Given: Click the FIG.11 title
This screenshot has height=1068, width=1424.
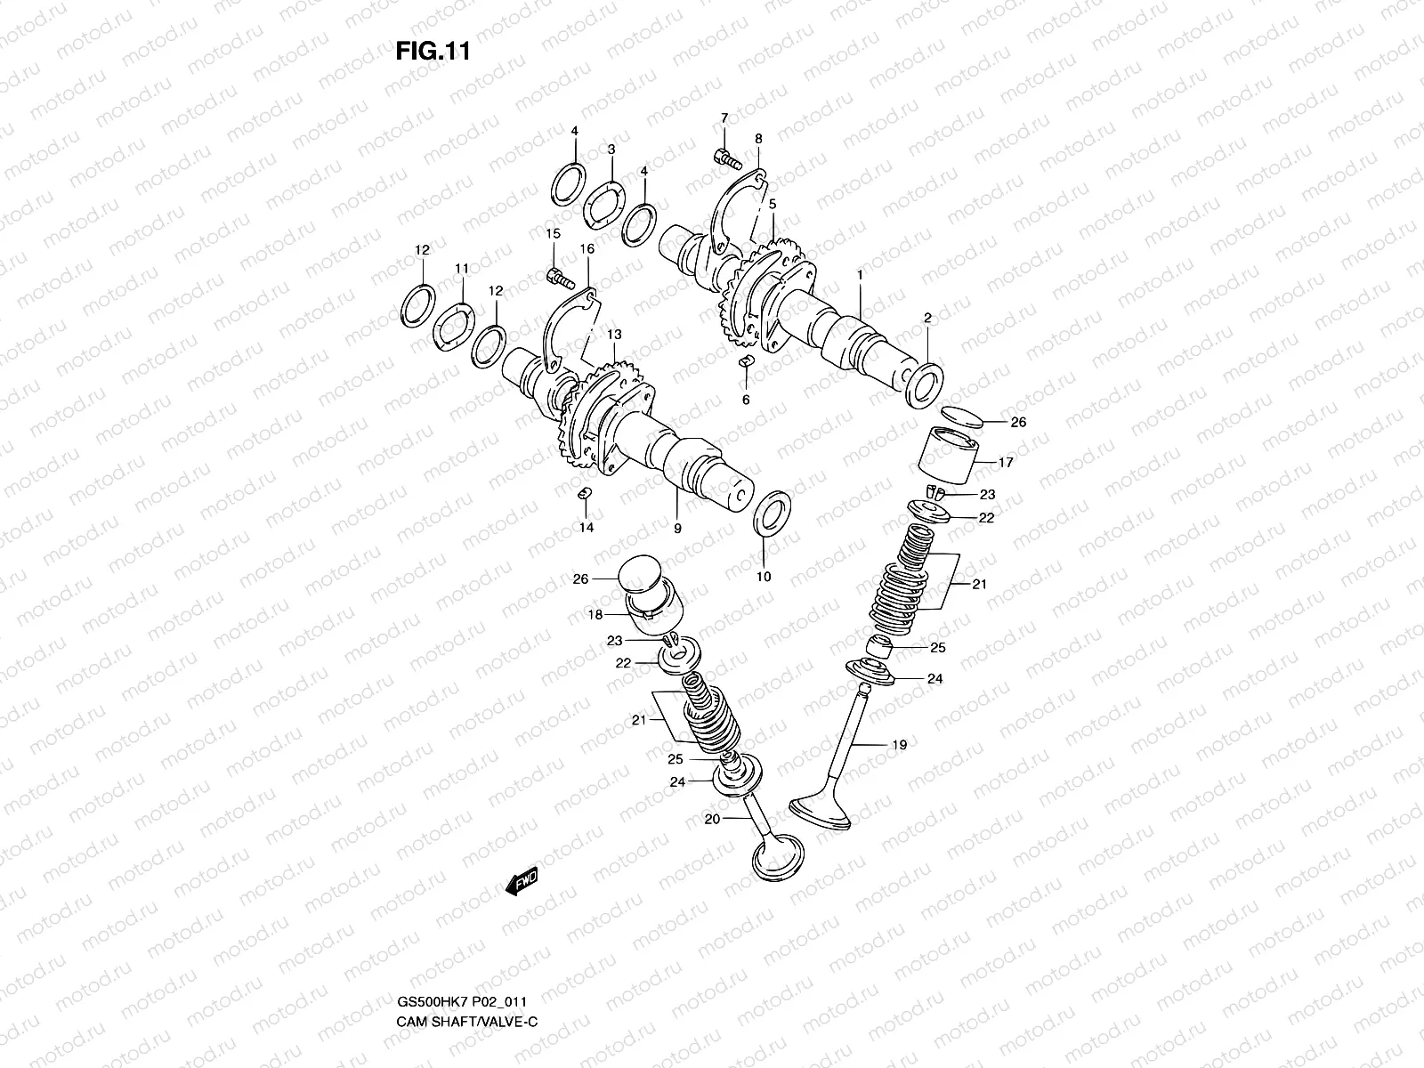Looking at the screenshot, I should [x=432, y=52].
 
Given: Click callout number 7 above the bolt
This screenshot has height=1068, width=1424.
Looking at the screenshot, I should [x=724, y=117].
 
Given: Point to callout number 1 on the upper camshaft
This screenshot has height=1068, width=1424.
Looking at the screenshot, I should [x=860, y=276].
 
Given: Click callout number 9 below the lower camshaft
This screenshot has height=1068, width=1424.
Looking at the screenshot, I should [x=677, y=529].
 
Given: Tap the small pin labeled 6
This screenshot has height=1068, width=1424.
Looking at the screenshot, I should [x=746, y=361].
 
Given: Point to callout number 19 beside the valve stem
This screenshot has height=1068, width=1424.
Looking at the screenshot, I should [x=899, y=745].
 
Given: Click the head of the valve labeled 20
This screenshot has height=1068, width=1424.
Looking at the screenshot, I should [x=778, y=858].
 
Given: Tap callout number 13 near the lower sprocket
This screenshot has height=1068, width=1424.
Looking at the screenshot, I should [x=614, y=334].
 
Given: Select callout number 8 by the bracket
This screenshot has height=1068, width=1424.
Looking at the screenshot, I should [x=758, y=139].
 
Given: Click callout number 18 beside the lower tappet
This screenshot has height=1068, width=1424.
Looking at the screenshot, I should [x=595, y=615].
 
